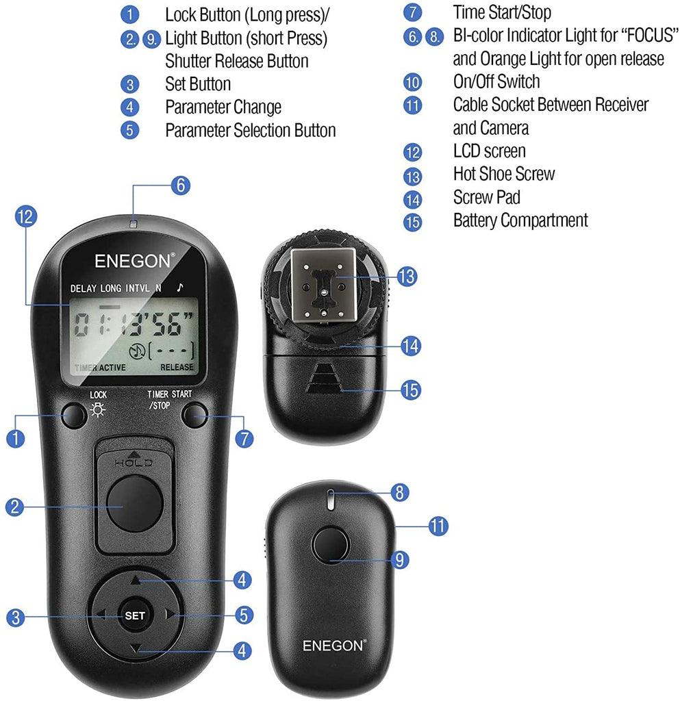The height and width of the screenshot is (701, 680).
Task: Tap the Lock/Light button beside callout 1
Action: pos(73,416)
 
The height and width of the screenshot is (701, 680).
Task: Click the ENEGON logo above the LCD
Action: pos(135,261)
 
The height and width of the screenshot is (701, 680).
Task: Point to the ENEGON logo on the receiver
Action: pos(334,645)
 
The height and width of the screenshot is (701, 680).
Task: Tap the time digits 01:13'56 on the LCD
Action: pos(134,326)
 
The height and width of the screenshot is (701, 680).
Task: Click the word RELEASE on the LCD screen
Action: pos(177,367)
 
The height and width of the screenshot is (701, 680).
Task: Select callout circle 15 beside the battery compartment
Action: pos(412,390)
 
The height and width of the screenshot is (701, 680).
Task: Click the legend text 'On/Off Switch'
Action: pos(496,81)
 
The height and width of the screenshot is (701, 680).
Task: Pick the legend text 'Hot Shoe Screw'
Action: pos(504,174)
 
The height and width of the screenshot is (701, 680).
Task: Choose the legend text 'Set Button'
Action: pos(198,84)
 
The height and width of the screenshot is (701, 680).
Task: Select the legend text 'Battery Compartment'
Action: pos(520,220)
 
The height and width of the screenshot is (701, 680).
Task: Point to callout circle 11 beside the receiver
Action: pos(438,526)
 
